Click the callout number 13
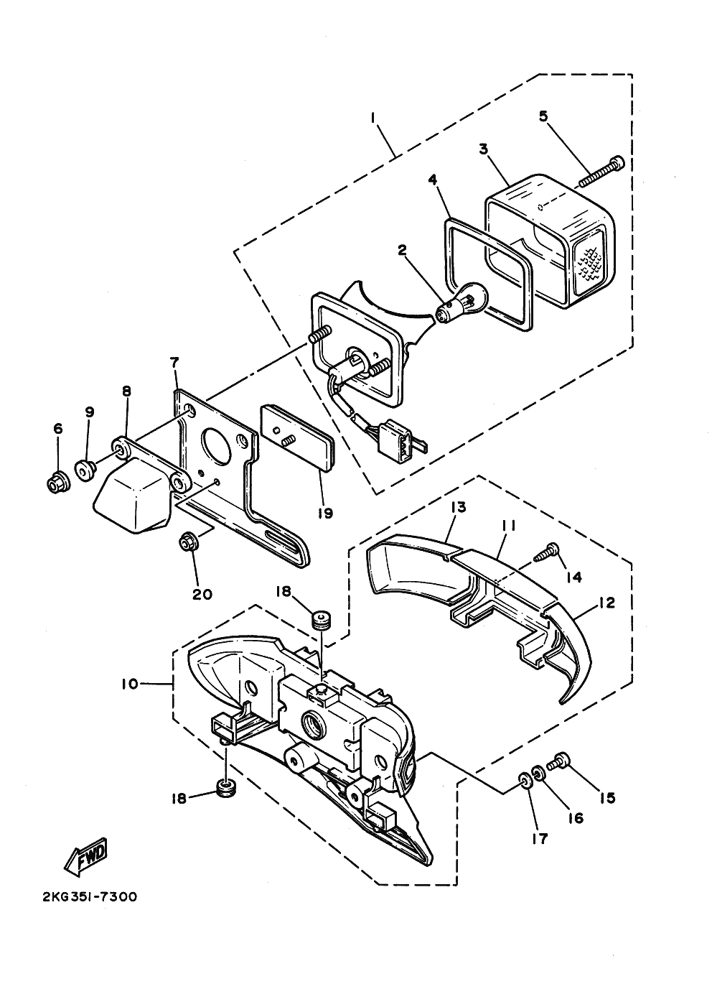pos(458,507)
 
